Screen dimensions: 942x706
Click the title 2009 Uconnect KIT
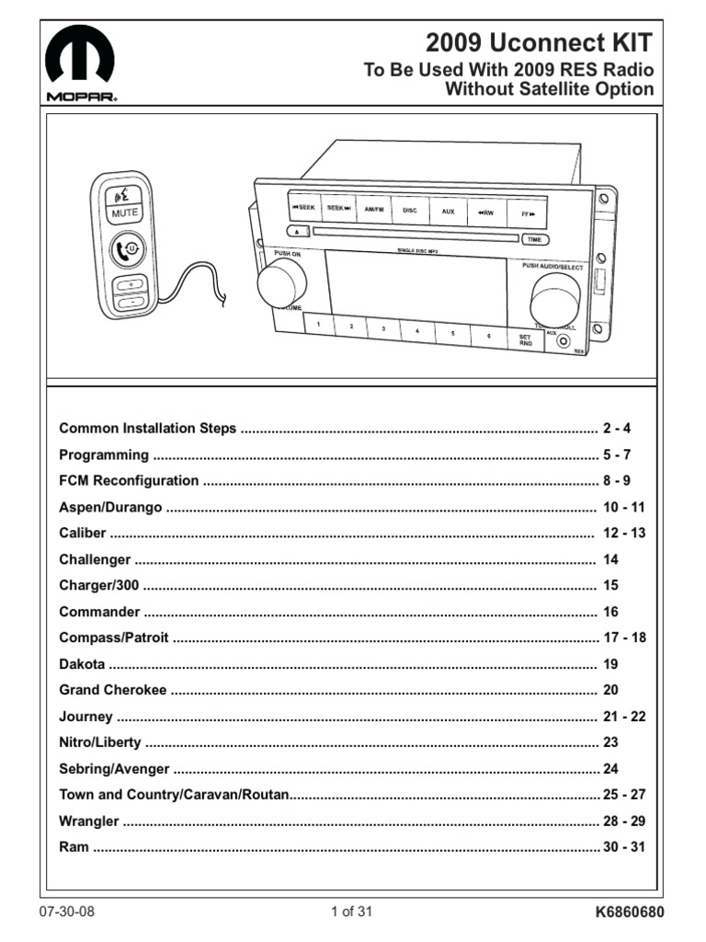[540, 42]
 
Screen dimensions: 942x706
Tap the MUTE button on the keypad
[125, 213]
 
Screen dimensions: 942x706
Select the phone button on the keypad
[127, 248]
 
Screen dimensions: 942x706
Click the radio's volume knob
[280, 282]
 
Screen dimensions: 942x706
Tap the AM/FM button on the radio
[373, 210]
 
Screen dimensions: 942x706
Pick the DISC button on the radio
[410, 211]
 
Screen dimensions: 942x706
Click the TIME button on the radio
[533, 239]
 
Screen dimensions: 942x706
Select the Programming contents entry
[104, 454]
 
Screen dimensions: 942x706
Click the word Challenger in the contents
[95, 559]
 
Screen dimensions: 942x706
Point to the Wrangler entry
[89, 821]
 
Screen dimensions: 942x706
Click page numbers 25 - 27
[624, 794]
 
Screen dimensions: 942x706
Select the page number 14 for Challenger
[611, 559]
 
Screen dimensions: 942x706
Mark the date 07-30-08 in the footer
[67, 913]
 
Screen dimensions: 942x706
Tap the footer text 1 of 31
[352, 913]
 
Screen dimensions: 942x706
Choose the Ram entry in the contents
[74, 846]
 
